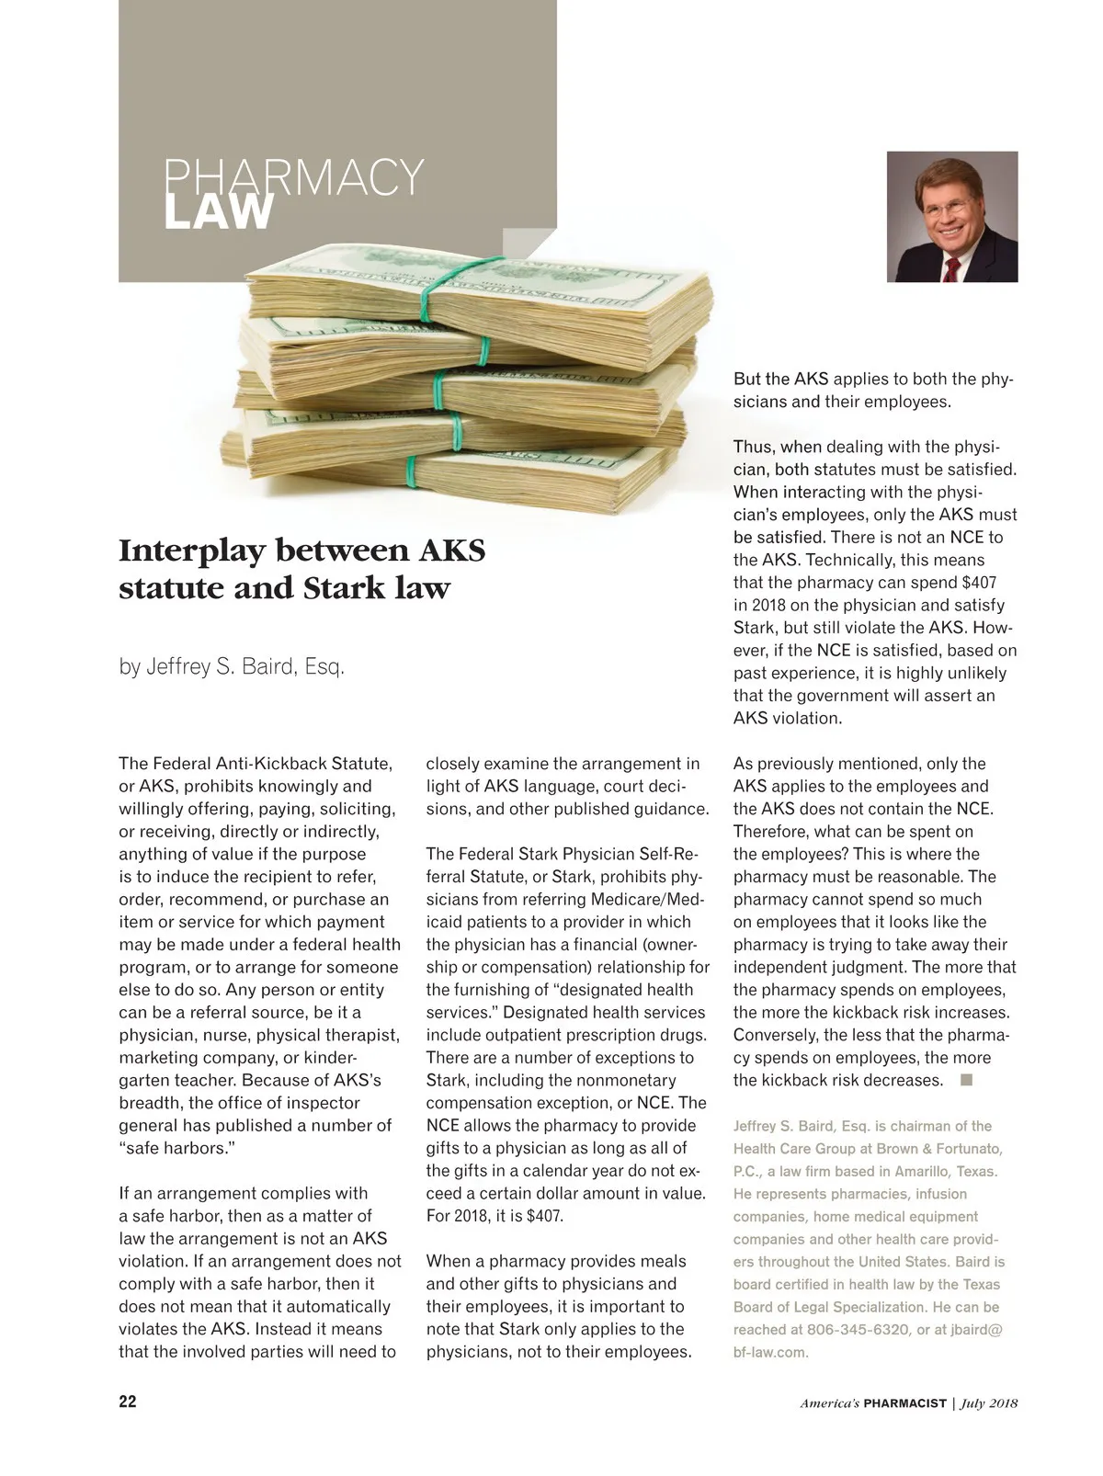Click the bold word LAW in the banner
[219, 212]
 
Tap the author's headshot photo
[951, 216]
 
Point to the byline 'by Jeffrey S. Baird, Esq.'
[232, 667]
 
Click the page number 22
[128, 1402]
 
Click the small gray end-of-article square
[966, 1080]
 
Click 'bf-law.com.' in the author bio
[770, 1352]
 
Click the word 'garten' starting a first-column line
[145, 1080]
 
